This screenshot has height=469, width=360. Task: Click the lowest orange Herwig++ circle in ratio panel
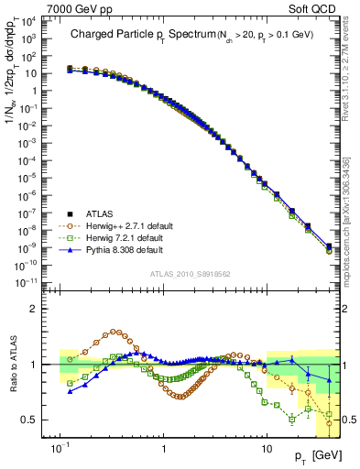pyautogui.click(x=329, y=423)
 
